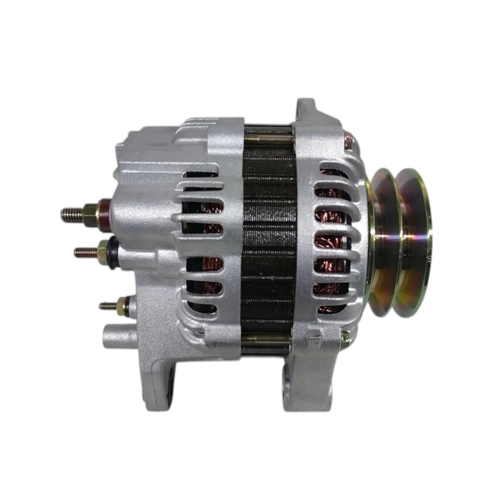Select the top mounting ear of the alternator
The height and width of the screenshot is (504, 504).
(x=309, y=109)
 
